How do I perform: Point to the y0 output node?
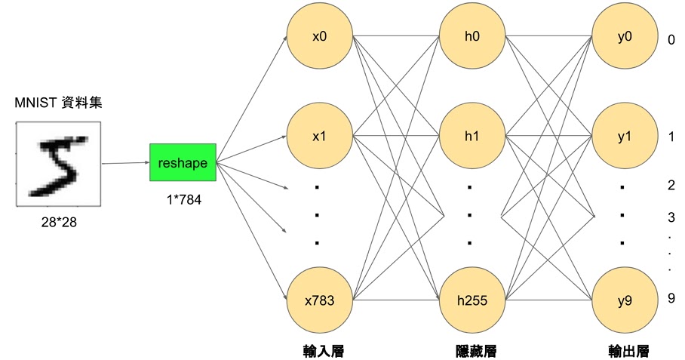[x=623, y=35]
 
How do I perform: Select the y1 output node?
[x=623, y=137]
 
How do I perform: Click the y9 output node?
[x=623, y=300]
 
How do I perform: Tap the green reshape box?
[x=183, y=162]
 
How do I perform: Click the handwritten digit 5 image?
[x=58, y=165]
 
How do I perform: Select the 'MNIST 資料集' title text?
[x=58, y=103]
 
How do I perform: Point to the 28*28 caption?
[x=58, y=223]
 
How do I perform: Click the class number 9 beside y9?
[x=670, y=299]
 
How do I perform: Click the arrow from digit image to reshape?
[x=124, y=162]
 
